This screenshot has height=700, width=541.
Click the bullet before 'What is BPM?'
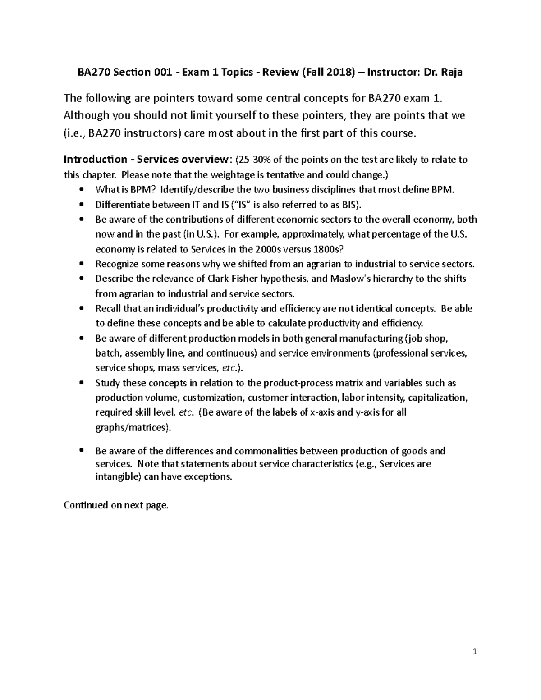click(81, 190)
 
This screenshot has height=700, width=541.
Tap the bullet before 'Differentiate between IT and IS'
click(81, 205)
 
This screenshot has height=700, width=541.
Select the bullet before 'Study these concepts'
click(81, 383)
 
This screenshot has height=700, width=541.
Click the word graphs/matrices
click(132, 427)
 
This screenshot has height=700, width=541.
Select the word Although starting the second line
click(87, 115)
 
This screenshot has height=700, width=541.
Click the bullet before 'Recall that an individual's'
click(81, 309)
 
